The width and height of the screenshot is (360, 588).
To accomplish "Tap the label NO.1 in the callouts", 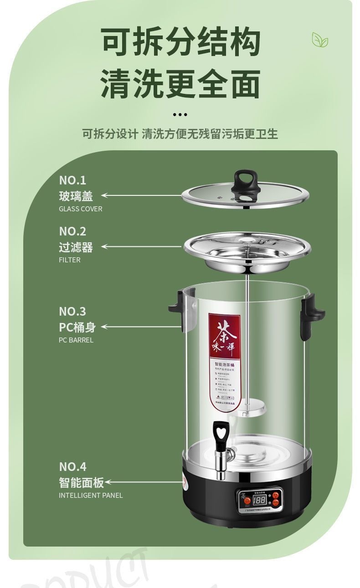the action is (72, 180).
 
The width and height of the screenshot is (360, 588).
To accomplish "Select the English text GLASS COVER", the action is (81, 209).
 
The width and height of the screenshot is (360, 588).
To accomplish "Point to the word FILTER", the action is (70, 260).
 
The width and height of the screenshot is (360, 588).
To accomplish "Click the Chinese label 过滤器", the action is (76, 247).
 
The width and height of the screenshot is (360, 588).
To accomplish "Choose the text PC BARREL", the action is (76, 340).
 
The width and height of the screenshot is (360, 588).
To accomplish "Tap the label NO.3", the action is (72, 312).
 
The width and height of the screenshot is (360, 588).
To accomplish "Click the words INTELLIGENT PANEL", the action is (91, 496).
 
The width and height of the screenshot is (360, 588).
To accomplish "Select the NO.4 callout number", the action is (72, 467).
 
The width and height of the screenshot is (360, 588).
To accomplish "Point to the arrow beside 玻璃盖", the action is (141, 195).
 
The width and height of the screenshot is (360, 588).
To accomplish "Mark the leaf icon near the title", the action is (320, 40).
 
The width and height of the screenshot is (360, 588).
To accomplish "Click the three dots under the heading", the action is (180, 115).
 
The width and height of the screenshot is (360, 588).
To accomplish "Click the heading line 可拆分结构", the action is (180, 42).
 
